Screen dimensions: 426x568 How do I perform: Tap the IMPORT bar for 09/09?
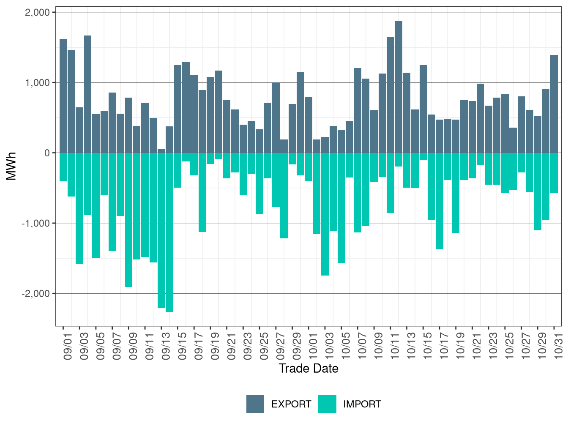pos(128,220)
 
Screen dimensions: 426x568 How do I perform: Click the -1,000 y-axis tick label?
pos(35,223)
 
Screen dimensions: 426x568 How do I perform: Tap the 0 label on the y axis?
pos(47,153)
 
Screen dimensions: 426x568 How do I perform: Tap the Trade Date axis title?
pos(309,369)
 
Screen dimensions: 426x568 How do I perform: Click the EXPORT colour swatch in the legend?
pos(255,404)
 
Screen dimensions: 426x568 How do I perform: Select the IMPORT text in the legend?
pos(362,404)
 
